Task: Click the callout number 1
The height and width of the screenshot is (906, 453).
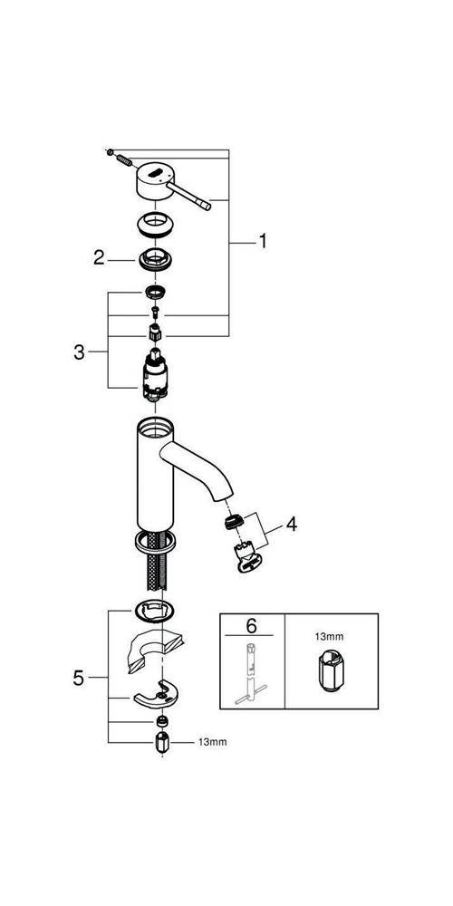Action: (263, 241)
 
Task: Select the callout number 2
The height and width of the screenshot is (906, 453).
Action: (100, 257)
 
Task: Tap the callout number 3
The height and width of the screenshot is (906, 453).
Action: (79, 352)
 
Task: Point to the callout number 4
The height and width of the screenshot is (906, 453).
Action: (291, 525)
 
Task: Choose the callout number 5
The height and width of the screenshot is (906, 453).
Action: (79, 678)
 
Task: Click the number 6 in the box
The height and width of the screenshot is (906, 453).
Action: (251, 625)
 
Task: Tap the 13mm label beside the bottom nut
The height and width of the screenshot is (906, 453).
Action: (214, 742)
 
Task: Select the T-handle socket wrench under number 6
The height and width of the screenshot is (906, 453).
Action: (250, 672)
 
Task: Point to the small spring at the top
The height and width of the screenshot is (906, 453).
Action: (123, 160)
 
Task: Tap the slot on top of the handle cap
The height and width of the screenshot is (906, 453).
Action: (157, 171)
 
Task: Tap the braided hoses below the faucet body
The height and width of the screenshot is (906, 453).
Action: (156, 560)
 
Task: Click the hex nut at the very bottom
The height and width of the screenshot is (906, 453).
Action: (161, 741)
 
